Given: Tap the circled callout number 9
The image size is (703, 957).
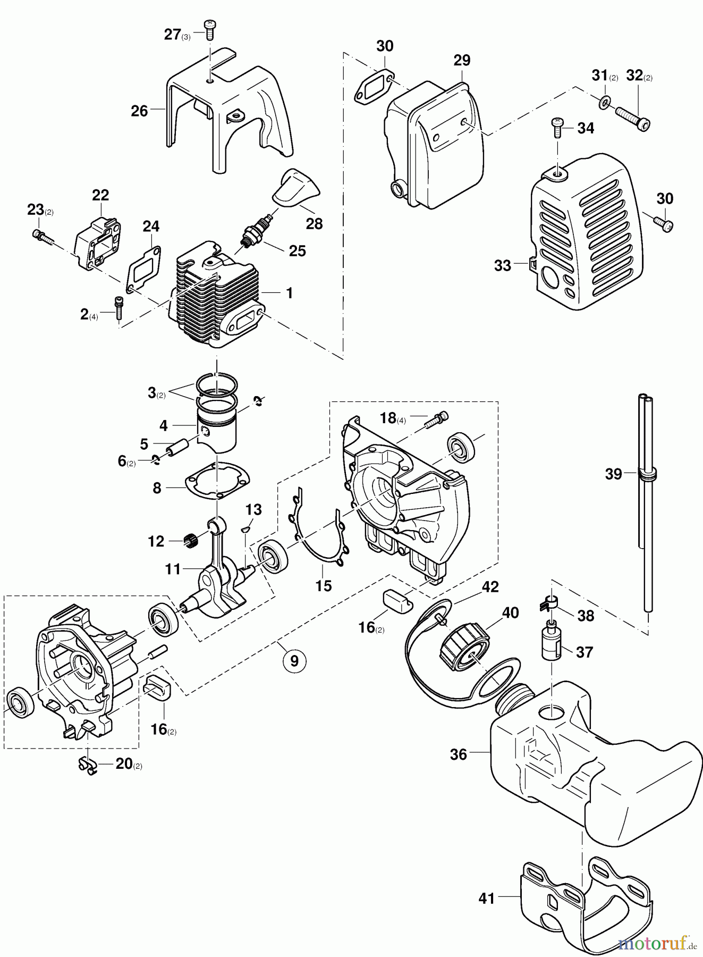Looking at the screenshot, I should tap(294, 661).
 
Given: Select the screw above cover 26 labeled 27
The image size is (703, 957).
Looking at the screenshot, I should tap(209, 30).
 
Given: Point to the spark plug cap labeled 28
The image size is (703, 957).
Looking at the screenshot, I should tap(296, 187).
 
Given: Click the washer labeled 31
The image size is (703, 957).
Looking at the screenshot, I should tap(604, 102).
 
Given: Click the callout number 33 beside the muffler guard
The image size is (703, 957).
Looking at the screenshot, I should tap(502, 265).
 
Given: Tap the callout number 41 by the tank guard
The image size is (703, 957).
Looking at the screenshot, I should tap(486, 898).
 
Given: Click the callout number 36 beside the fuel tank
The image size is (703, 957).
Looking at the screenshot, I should tap(459, 754).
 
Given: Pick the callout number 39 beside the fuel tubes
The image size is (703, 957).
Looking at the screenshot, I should tap(613, 473).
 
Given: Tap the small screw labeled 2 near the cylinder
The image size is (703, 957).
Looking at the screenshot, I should tap(118, 308).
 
